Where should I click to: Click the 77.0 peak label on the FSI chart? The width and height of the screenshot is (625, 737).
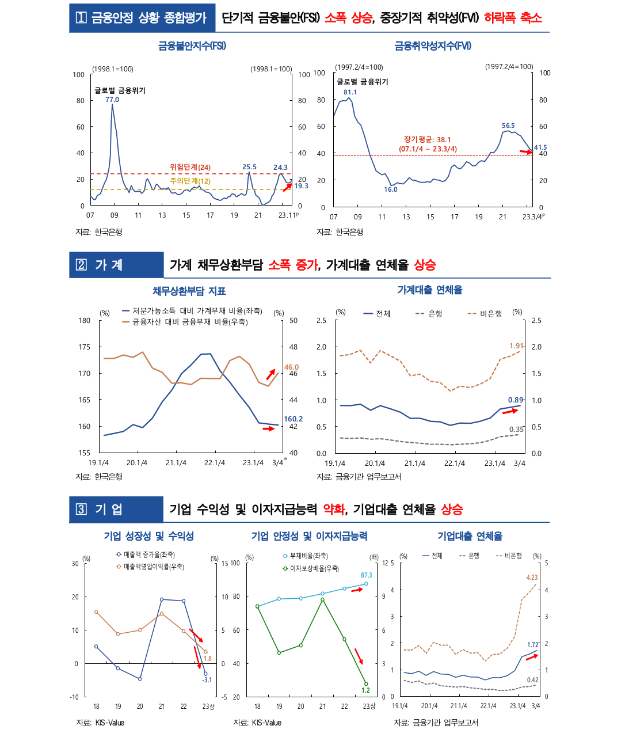click(112, 100)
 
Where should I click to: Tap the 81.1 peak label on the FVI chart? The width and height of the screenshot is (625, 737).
click(350, 92)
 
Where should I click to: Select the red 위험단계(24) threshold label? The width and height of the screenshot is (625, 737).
click(190, 168)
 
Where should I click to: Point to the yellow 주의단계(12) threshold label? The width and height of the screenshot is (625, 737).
click(190, 181)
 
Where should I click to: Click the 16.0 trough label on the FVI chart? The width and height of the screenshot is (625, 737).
click(391, 189)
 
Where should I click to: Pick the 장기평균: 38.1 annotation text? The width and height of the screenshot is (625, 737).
click(428, 140)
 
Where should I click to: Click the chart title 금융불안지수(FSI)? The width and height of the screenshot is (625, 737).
click(192, 45)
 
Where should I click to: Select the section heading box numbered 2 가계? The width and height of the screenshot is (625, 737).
click(116, 265)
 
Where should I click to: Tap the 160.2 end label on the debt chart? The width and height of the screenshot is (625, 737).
click(293, 419)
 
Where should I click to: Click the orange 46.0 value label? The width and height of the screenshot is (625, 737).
click(292, 367)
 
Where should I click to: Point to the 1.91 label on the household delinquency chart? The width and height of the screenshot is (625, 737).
click(516, 346)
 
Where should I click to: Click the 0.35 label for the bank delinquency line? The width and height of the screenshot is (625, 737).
click(516, 430)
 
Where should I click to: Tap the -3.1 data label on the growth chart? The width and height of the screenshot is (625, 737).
click(207, 680)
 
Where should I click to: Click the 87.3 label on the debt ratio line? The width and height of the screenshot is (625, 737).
click(367, 575)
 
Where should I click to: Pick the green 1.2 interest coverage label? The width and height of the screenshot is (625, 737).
click(365, 690)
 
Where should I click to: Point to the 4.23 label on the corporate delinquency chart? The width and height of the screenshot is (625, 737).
click(532, 578)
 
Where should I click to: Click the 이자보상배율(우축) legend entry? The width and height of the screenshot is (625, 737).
click(314, 568)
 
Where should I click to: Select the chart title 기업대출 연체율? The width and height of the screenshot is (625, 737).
click(470, 536)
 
